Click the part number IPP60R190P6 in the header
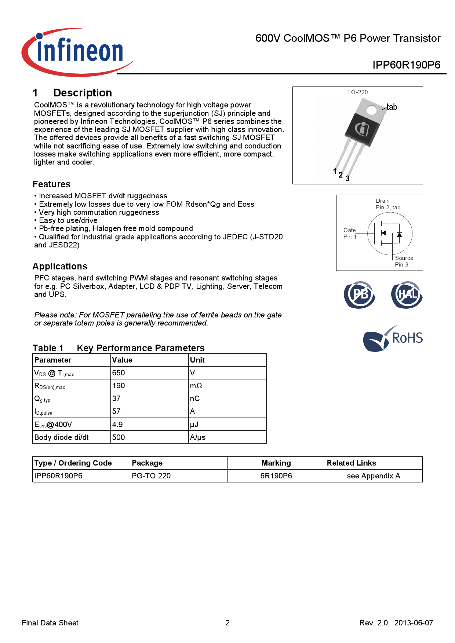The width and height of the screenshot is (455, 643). click(406, 65)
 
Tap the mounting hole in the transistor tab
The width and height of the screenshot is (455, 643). click(371, 110)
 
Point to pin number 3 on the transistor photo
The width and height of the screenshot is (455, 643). click(347, 179)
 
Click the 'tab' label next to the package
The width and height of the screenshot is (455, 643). click(392, 107)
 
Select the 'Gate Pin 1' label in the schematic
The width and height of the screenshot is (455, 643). click(350, 234)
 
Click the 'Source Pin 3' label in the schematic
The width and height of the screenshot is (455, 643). click(403, 261)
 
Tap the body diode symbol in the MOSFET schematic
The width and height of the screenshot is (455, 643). click(399, 234)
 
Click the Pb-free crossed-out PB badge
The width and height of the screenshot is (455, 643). click(359, 295)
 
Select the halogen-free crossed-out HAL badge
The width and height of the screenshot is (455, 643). click(407, 295)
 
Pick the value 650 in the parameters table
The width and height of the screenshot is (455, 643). click(119, 373)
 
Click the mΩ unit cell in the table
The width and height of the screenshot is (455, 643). click(196, 386)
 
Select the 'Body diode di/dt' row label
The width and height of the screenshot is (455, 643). click(61, 437)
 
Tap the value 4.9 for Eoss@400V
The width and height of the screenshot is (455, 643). click(117, 425)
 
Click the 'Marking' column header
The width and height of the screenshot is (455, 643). click(276, 463)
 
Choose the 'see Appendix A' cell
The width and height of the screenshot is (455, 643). click(373, 476)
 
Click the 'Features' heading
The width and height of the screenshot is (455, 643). click(51, 184)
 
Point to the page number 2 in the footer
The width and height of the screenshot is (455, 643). click(227, 623)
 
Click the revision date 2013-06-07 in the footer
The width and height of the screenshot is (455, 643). click(414, 623)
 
